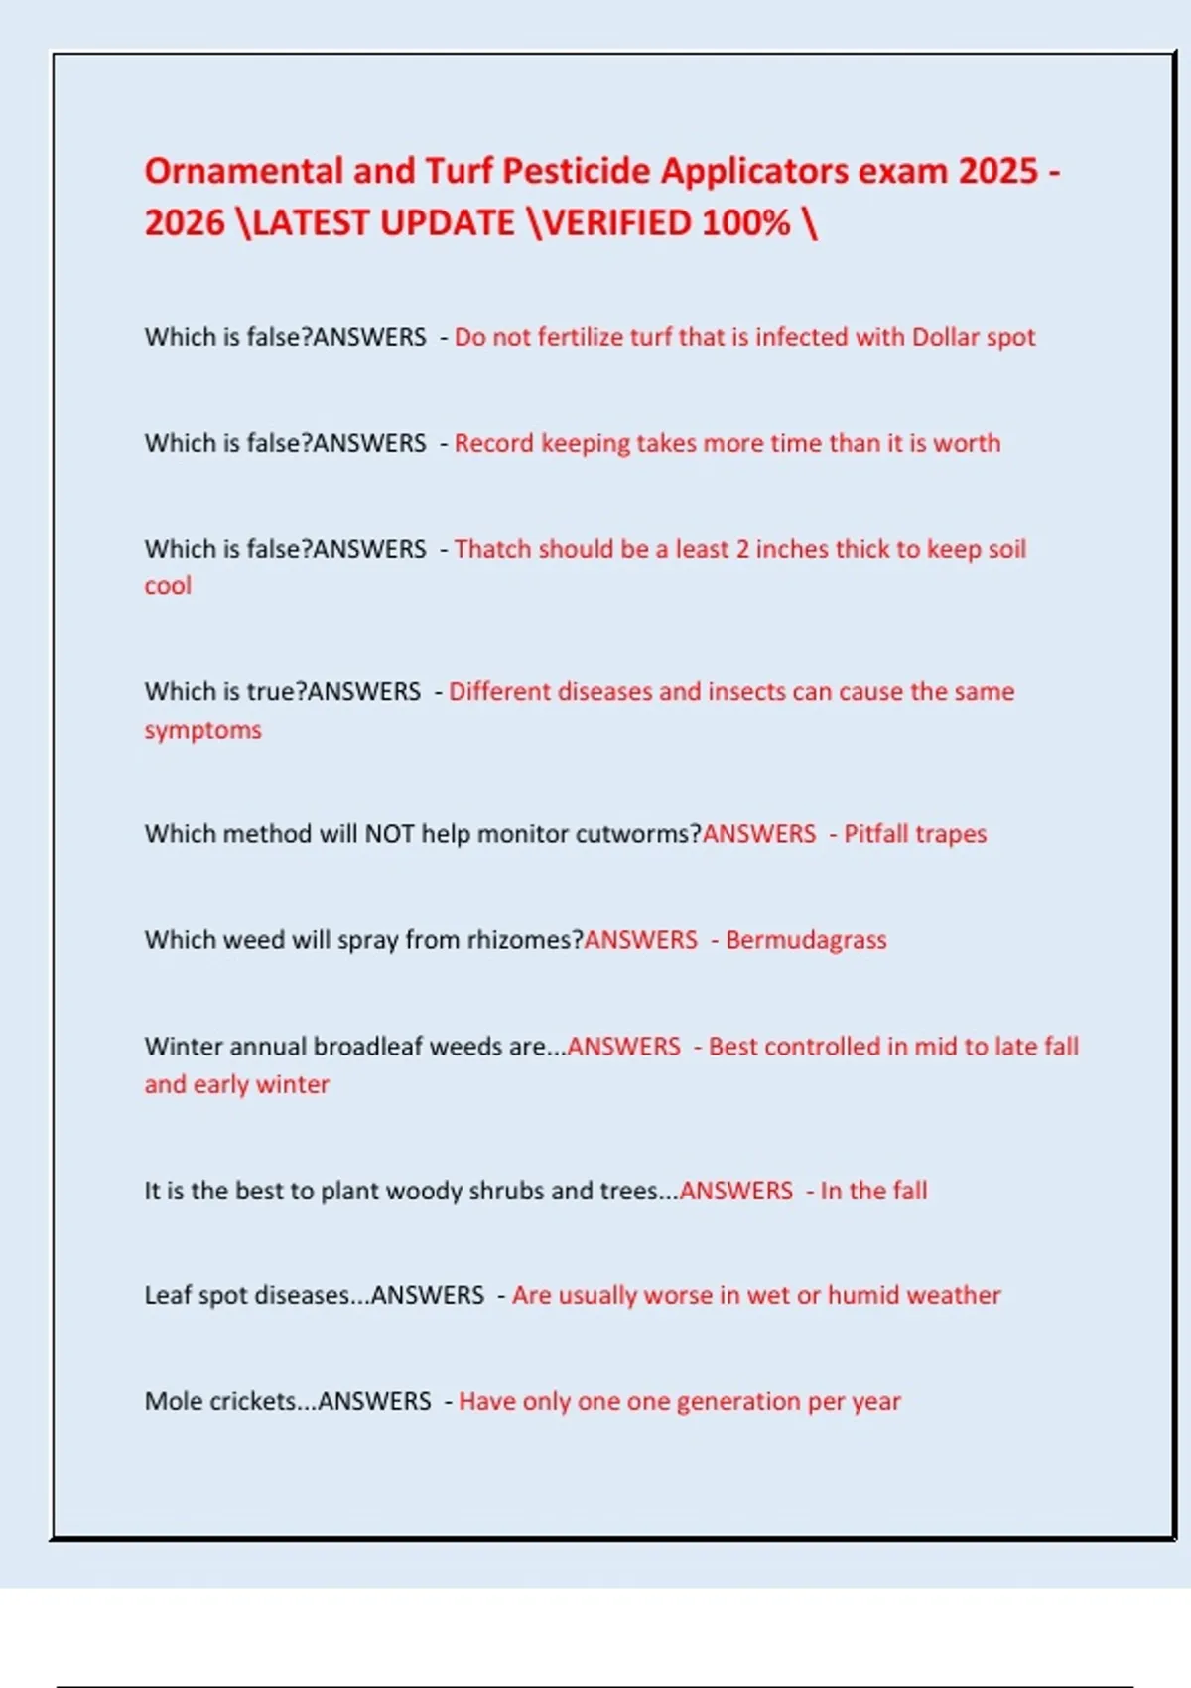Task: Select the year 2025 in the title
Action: tap(997, 171)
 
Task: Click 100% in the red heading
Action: tap(745, 223)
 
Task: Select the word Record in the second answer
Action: tap(493, 443)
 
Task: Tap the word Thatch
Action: tap(492, 549)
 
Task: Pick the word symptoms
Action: tap(202, 730)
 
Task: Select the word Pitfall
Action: tap(876, 834)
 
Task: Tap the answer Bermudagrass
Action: tap(806, 940)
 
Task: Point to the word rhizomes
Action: tap(524, 940)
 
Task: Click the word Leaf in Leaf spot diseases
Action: tap(165, 1295)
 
